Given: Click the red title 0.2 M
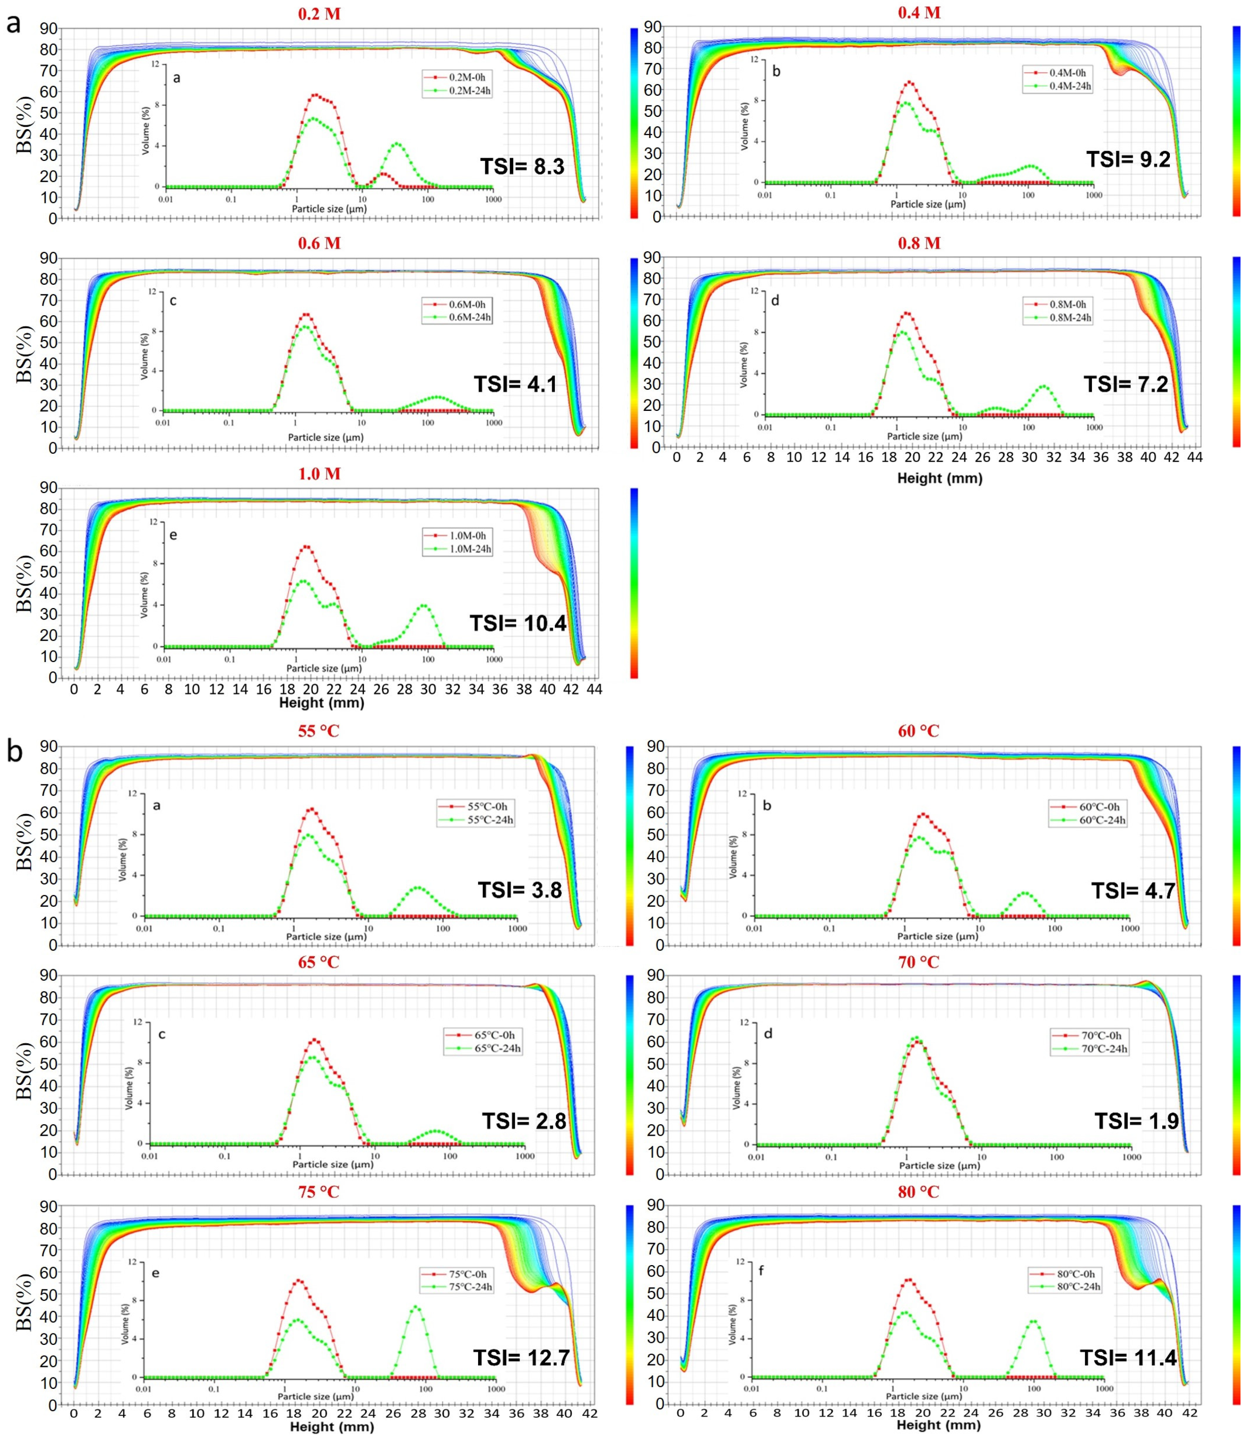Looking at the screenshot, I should pos(319,14).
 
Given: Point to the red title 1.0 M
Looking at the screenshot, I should pos(319,474).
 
